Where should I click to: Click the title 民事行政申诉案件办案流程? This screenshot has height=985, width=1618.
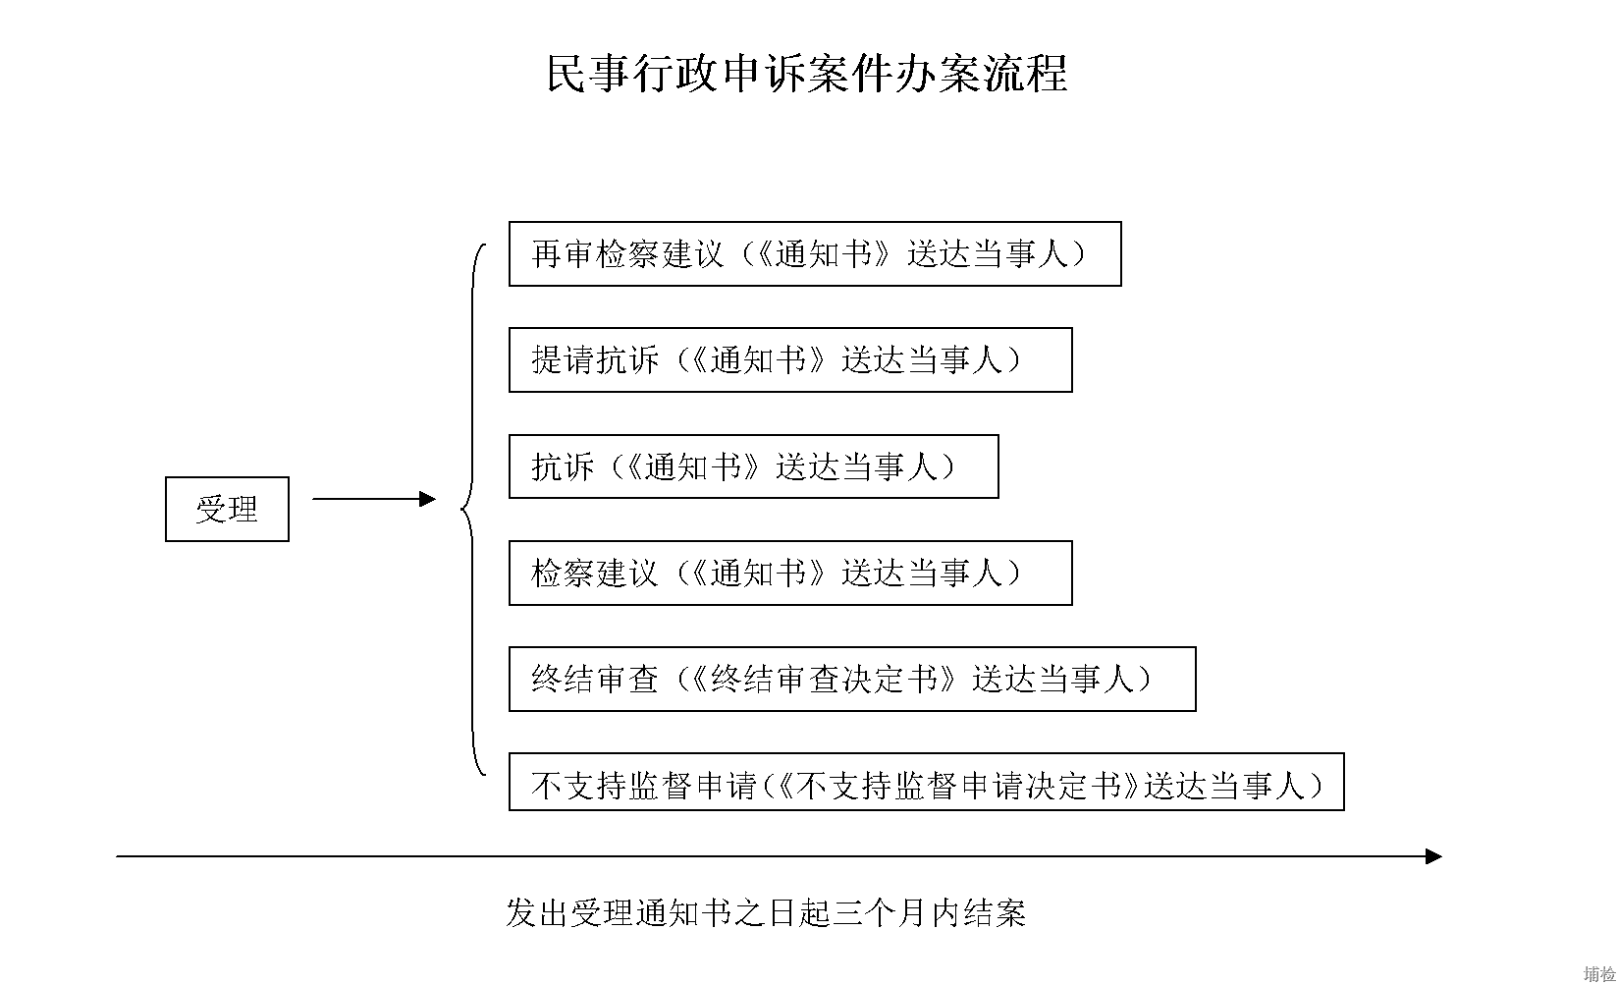[807, 74]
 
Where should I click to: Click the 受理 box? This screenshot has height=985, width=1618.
[227, 509]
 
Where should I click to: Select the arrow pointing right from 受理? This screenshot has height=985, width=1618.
[374, 499]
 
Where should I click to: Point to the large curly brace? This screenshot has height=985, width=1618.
[473, 509]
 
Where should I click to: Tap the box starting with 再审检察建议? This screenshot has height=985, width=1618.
[815, 253]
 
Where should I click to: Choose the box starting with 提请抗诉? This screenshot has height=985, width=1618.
[790, 359]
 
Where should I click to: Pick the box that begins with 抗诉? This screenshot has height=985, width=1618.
[753, 466]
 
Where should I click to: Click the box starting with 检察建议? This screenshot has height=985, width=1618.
[790, 573]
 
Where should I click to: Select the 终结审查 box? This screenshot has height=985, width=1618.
[852, 679]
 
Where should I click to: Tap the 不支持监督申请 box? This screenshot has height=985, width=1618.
[926, 781]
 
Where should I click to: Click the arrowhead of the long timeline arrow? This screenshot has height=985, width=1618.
[1433, 856]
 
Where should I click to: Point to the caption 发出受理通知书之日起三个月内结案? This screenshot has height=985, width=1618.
[766, 912]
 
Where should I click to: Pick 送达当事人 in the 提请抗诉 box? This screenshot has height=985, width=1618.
[923, 360]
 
